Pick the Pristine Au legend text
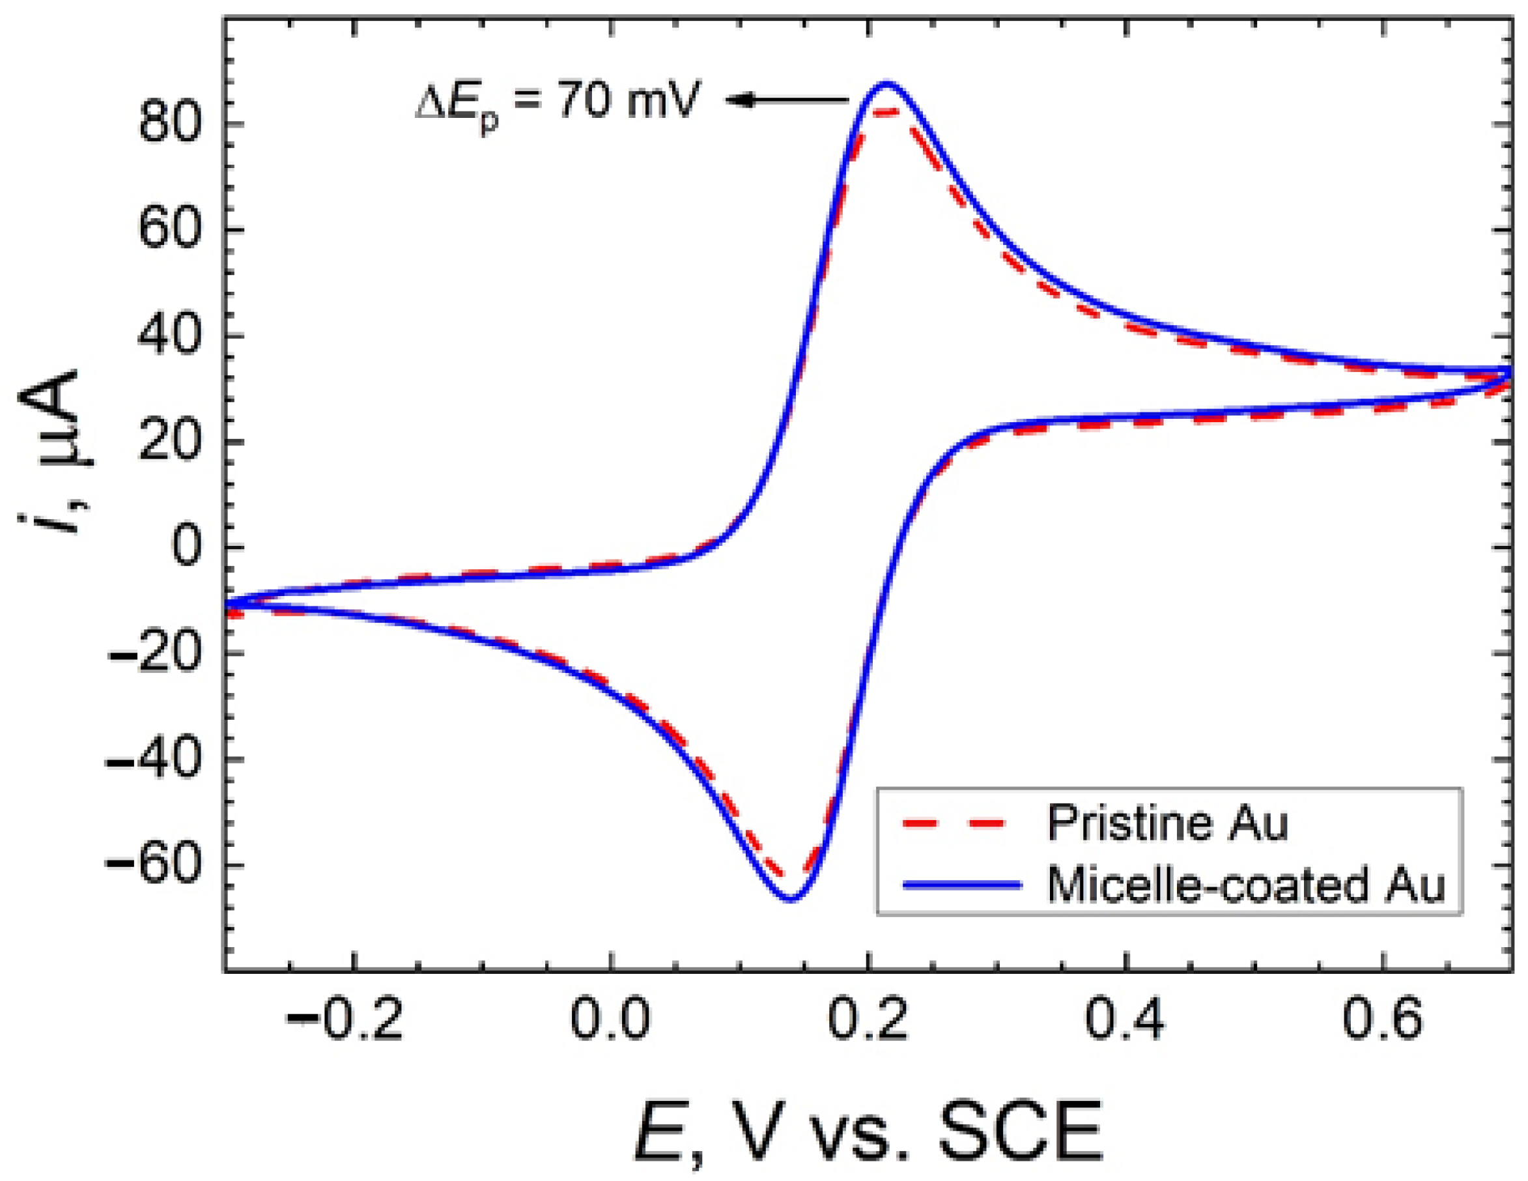(x=1168, y=823)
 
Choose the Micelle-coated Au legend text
(x=1246, y=886)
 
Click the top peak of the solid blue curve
(x=886, y=83)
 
